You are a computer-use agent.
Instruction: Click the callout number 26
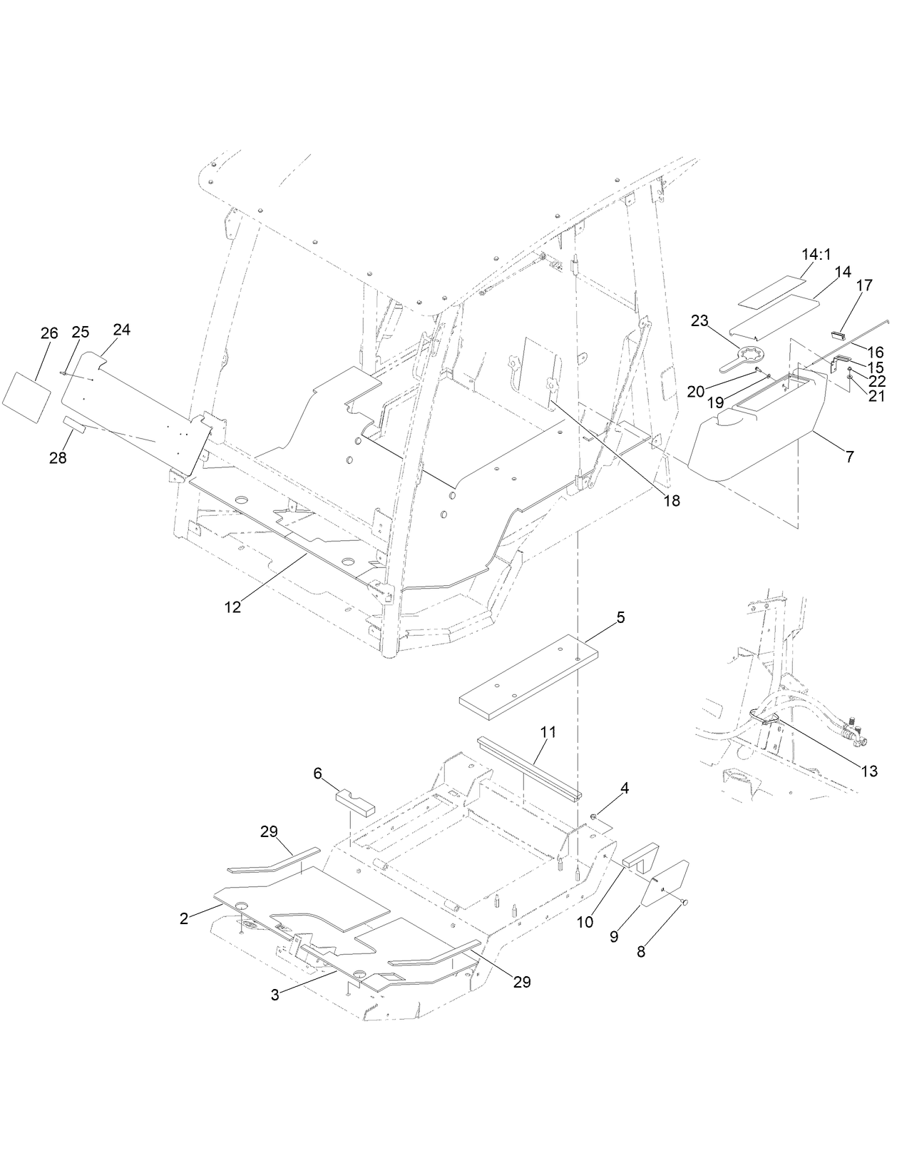48,333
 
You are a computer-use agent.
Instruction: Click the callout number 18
672,501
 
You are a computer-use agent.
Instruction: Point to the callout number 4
625,788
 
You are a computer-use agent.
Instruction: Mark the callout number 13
868,771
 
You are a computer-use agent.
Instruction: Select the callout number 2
184,918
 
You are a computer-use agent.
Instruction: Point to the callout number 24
122,330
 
